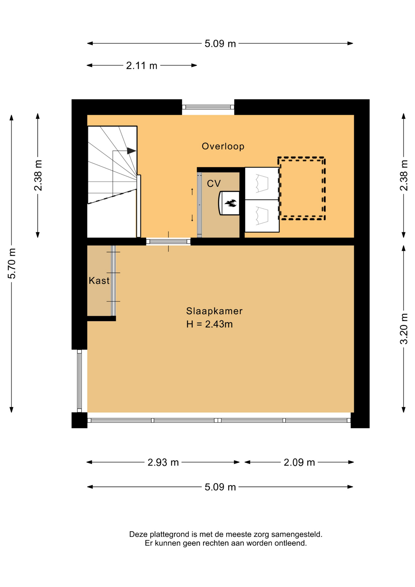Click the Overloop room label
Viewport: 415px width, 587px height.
point(223,146)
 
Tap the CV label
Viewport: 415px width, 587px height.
point(214,183)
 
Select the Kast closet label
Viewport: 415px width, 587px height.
point(99,280)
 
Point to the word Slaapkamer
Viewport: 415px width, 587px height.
point(214,311)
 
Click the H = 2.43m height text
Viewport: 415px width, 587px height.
point(209,324)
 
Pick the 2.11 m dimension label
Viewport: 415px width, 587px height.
point(141,65)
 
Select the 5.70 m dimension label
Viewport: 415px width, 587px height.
point(12,264)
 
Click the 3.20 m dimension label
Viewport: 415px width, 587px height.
point(404,329)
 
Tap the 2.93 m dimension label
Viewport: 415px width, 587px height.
point(163,462)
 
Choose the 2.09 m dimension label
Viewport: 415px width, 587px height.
point(299,462)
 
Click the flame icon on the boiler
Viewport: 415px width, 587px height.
point(230,203)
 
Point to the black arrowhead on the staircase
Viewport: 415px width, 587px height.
point(131,151)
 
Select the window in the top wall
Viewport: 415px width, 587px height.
point(208,107)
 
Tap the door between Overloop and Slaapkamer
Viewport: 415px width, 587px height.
point(168,242)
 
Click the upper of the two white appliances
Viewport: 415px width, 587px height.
point(262,183)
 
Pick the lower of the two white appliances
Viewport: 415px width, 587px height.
point(262,216)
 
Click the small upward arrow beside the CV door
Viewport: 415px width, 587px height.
point(192,192)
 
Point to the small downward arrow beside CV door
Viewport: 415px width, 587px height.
point(192,218)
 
